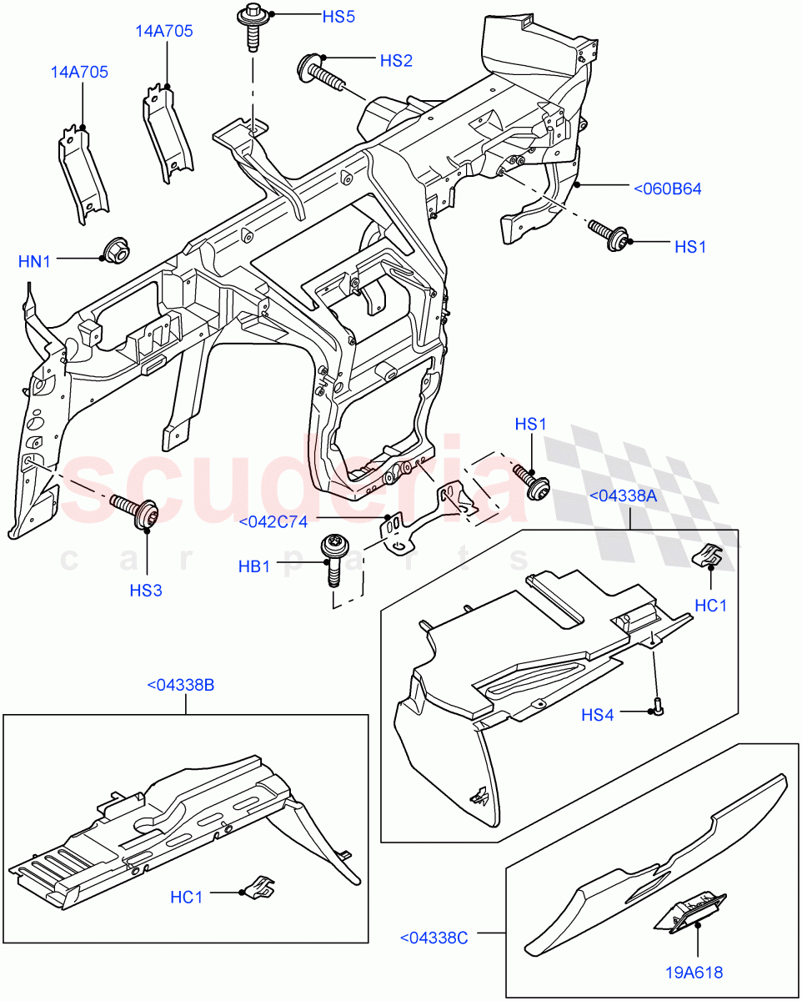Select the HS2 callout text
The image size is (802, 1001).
point(396,61)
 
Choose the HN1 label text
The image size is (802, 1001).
point(35,262)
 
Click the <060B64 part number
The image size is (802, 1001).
point(667,189)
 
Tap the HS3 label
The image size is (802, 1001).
point(146,591)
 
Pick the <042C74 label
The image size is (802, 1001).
point(273,522)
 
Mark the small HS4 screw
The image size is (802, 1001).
point(657,707)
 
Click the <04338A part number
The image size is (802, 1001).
point(624,495)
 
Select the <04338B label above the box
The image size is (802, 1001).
point(181,685)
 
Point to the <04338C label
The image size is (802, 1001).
point(434,938)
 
